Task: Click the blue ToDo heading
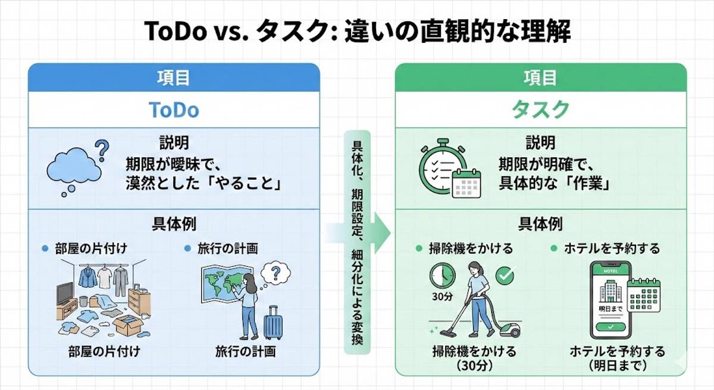(174, 110)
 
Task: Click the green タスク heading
(540, 110)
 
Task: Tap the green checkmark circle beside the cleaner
(505, 275)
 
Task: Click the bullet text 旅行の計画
(228, 249)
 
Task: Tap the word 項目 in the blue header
(174, 77)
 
